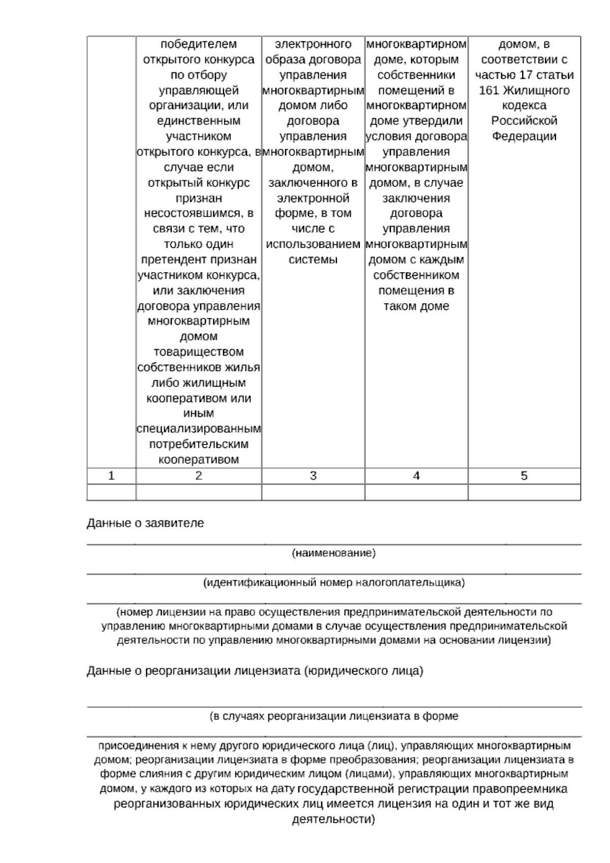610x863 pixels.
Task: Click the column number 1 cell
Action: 111,476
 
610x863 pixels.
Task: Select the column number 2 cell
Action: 199,476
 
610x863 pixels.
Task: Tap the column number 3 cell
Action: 313,476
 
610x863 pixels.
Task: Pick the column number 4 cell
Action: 416,476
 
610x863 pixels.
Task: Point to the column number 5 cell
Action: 524,476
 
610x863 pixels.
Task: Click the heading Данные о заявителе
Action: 145,523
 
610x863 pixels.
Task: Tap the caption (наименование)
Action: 333,553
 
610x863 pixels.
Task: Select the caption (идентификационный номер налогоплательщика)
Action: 333,583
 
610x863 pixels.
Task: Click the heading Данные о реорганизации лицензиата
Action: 255,671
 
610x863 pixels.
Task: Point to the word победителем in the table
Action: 199,44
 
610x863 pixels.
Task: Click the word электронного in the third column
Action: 313,44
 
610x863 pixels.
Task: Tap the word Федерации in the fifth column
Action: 524,136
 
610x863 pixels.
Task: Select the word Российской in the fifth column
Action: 524,121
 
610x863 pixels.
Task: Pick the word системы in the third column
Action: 313,260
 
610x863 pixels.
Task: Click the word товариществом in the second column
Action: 199,352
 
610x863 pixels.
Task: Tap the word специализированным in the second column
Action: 199,429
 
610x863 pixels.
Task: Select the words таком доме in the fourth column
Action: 416,306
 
